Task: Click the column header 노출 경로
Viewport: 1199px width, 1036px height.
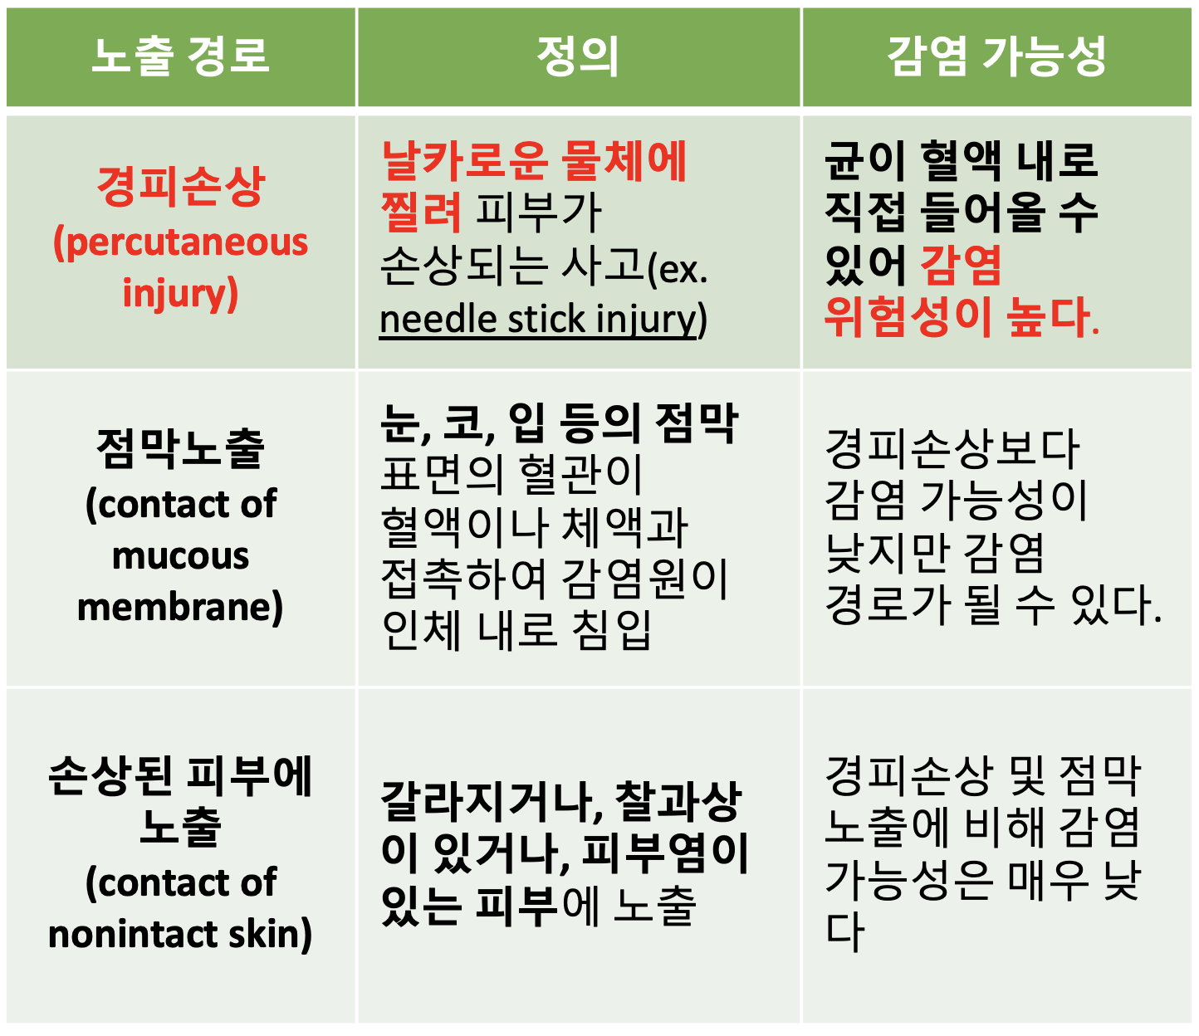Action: click(x=180, y=56)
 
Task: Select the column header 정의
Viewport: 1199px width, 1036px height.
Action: click(x=578, y=56)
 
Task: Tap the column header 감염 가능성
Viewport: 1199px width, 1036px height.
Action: click(x=996, y=56)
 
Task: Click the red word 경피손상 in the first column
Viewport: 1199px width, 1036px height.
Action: click(x=181, y=186)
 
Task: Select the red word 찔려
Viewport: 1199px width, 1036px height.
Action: click(x=421, y=212)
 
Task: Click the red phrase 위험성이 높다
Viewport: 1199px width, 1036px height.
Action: click(x=962, y=316)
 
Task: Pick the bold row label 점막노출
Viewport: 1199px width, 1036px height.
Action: click(x=181, y=448)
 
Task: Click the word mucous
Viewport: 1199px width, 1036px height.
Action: click(x=181, y=555)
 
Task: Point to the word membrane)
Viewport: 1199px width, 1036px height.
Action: click(x=181, y=608)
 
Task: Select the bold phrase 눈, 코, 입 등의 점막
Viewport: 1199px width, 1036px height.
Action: click(x=559, y=423)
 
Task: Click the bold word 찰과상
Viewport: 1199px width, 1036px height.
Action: click(x=678, y=801)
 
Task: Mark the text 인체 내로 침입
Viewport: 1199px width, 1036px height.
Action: click(x=516, y=629)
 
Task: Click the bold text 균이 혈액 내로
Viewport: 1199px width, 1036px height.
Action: click(x=962, y=161)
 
